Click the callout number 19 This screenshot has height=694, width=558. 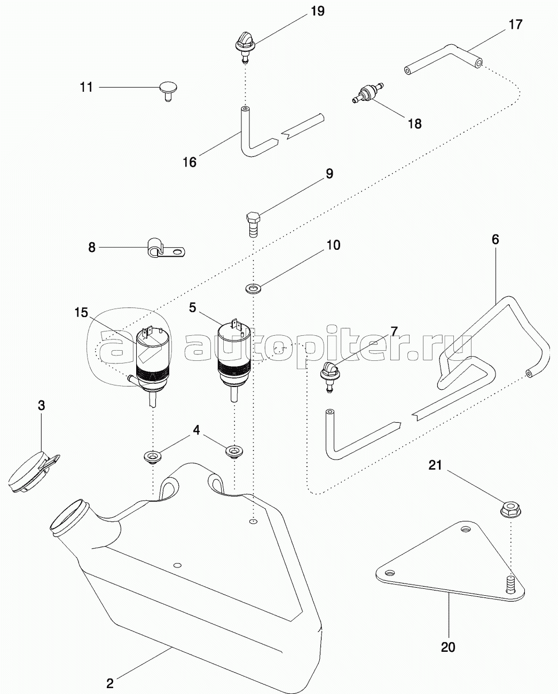point(317,11)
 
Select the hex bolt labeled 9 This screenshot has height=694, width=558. point(254,224)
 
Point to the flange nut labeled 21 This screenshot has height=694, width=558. point(510,509)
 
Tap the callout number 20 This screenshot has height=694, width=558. point(448,647)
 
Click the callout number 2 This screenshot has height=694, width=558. point(109,683)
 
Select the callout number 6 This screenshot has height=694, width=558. point(495,239)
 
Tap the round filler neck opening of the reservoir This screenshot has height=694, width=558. point(70,518)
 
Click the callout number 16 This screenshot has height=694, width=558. point(190,162)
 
